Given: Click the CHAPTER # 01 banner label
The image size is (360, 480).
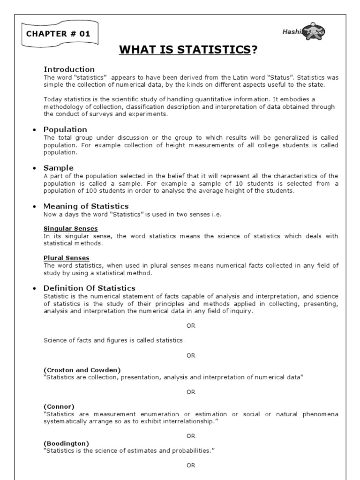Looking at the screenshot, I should tap(59, 34).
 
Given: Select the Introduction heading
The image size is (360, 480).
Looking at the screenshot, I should tap(69, 69).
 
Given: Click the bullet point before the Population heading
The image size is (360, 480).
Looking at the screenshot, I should tap(35, 130).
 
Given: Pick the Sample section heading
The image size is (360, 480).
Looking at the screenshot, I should tap(58, 168).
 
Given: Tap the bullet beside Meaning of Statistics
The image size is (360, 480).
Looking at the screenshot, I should tap(35, 207).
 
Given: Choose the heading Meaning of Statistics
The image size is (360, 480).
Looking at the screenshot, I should tap(86, 206).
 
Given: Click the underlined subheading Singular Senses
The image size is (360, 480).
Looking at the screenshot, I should tap(70, 228).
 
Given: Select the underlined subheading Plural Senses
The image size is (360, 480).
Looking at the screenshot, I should tap(66, 258).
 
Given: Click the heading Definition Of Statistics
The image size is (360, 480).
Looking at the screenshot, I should tap(89, 288).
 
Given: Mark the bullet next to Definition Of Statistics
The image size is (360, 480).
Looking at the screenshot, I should tap(35, 288).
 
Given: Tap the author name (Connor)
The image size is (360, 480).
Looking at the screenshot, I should tap(59, 406).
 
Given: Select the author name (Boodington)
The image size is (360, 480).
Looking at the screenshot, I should tap(66, 443).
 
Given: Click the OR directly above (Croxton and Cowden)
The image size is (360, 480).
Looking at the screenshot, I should tap(191, 356).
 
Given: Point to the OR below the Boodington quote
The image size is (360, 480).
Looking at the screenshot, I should tap(191, 465).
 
